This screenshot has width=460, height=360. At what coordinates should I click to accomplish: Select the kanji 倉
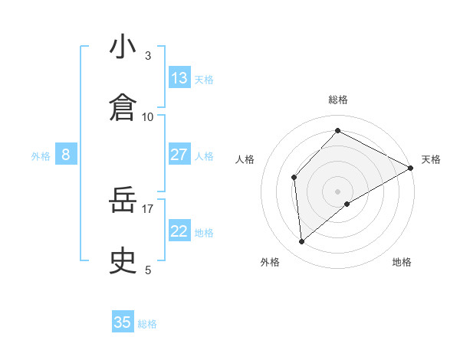pos(123,107)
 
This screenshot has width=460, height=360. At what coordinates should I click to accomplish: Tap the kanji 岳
pos(123,201)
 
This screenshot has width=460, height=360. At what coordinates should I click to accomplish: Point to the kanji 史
pos(123,261)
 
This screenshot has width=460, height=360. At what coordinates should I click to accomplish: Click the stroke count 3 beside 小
pos(148,55)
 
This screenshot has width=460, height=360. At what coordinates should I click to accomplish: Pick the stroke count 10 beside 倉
pos(148,116)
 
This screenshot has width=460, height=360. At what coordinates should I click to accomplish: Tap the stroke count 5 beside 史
pos(148,270)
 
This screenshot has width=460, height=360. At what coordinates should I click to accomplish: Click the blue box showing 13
pos(179,78)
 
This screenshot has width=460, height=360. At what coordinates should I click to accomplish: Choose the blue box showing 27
pos(179,155)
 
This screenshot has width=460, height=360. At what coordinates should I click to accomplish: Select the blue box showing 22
pos(179,231)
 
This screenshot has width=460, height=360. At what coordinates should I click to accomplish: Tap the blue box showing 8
pos(66,155)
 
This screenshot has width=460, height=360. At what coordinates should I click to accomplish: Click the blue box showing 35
pos(123,322)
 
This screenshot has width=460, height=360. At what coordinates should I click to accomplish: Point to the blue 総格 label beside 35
pos(148,324)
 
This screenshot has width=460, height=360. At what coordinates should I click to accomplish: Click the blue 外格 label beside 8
pos(41,156)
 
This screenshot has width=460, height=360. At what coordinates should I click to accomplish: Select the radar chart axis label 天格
pos(431,159)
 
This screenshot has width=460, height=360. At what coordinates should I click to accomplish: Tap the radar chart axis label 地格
pos(402,262)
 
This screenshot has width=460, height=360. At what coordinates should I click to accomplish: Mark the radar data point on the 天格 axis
pos(411,168)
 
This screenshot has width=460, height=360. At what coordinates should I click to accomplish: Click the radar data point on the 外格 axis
pos(302,241)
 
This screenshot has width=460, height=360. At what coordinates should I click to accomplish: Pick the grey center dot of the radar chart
pos(338,191)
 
